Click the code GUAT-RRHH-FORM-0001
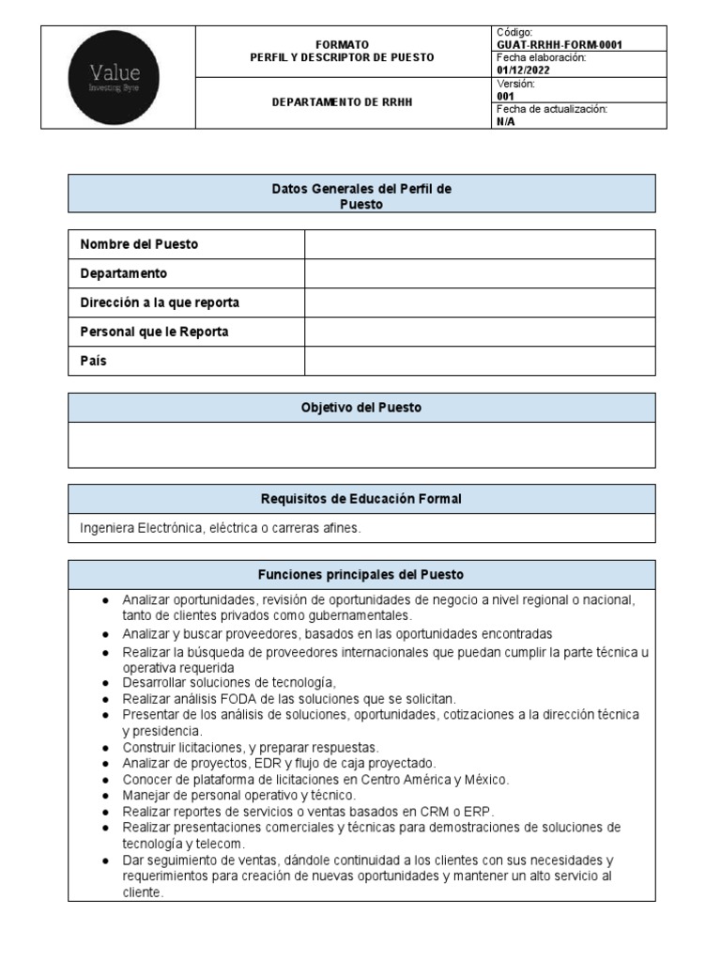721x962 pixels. [559, 44]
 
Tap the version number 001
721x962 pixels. [505, 96]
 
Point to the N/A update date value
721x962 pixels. [505, 121]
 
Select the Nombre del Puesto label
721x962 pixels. [139, 244]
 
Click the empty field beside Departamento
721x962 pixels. [480, 273]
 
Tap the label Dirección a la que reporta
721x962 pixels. [160, 303]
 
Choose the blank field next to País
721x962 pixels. [480, 361]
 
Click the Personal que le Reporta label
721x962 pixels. [154, 332]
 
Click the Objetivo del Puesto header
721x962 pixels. [361, 408]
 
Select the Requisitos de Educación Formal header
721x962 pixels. [361, 499]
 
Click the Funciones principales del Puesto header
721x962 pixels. [361, 574]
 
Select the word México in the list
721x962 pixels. [487, 780]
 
